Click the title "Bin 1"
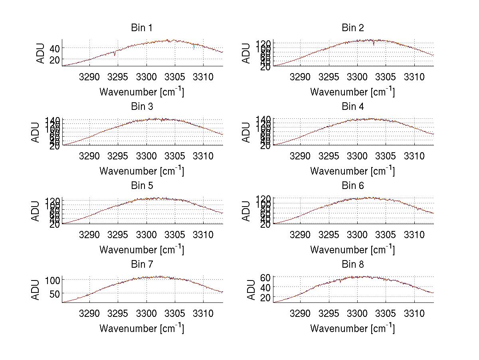click(x=142, y=28)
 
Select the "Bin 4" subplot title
click(x=353, y=107)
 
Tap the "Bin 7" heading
click(x=142, y=265)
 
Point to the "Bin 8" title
click(x=353, y=265)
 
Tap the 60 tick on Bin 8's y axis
click(x=265, y=277)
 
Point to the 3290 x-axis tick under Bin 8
click(x=300, y=313)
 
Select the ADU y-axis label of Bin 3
click(x=36, y=132)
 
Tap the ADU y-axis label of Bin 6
click(x=247, y=211)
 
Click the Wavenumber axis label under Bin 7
click(x=142, y=328)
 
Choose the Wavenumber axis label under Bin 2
click(x=352, y=92)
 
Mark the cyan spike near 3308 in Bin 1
click(x=194, y=47)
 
